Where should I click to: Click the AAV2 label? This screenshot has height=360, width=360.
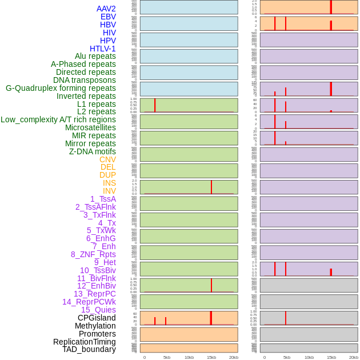coord(106,9)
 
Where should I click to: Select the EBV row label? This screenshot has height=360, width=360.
coord(108,17)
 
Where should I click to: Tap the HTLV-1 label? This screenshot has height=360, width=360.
coord(102,49)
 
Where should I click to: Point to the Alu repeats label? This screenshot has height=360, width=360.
coord(95,56)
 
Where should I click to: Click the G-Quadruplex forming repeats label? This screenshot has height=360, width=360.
coord(61,88)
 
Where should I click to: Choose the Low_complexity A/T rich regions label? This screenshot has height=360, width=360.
coord(58,119)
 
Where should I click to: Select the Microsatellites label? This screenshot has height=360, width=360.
coord(90,127)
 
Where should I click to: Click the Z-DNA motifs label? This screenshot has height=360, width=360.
coord(92,151)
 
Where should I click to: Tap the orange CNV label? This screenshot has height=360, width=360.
coord(107,159)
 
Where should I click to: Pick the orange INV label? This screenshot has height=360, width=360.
coord(109,191)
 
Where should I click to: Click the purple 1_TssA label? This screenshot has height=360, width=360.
coord(103,199)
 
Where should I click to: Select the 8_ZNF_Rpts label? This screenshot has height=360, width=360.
coord(93,254)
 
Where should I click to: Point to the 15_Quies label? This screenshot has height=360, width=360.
coord(98,310)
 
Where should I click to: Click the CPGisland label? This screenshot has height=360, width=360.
coord(97,318)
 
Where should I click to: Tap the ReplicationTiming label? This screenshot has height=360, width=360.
coord(84,342)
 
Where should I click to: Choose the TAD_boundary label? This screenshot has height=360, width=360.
coord(89,349)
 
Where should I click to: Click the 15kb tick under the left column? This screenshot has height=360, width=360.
coord(211,357)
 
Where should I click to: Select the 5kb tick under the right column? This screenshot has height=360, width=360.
coord(287,357)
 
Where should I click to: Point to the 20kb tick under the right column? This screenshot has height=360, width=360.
coord(354,357)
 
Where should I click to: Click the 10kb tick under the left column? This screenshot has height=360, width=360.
coord(189,357)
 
